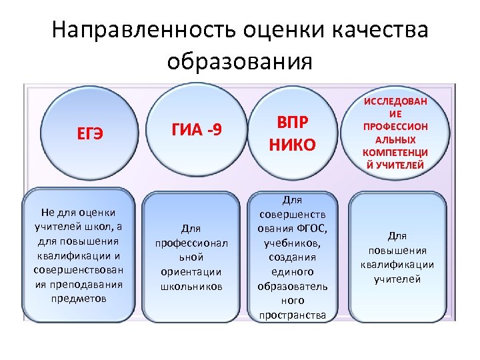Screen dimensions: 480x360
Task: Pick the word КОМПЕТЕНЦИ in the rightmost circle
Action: coord(396,153)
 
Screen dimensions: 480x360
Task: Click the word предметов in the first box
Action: coord(78,298)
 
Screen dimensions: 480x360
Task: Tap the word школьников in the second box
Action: coord(191,286)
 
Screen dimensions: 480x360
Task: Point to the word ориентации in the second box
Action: coord(191,272)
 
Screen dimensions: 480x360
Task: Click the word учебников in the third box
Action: coord(293,243)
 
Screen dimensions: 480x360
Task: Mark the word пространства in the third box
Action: coord(293,315)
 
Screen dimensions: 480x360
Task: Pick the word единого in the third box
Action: coord(293,272)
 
